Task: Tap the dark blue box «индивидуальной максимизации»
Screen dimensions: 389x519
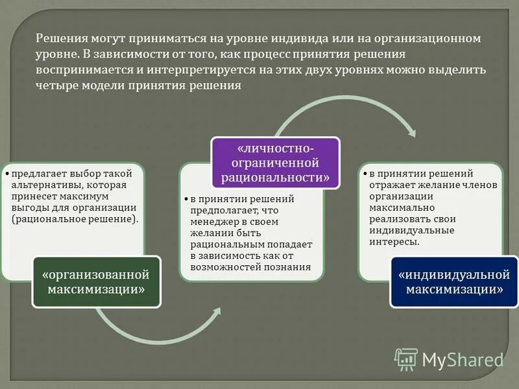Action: click(x=455, y=282)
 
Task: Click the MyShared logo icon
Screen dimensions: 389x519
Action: click(x=406, y=359)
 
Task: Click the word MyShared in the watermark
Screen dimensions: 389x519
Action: click(x=463, y=359)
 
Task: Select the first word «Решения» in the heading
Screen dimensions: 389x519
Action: click(x=58, y=38)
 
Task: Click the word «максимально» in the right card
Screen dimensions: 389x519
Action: click(x=397, y=207)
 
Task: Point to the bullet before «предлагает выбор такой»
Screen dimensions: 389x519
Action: click(x=6, y=173)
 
